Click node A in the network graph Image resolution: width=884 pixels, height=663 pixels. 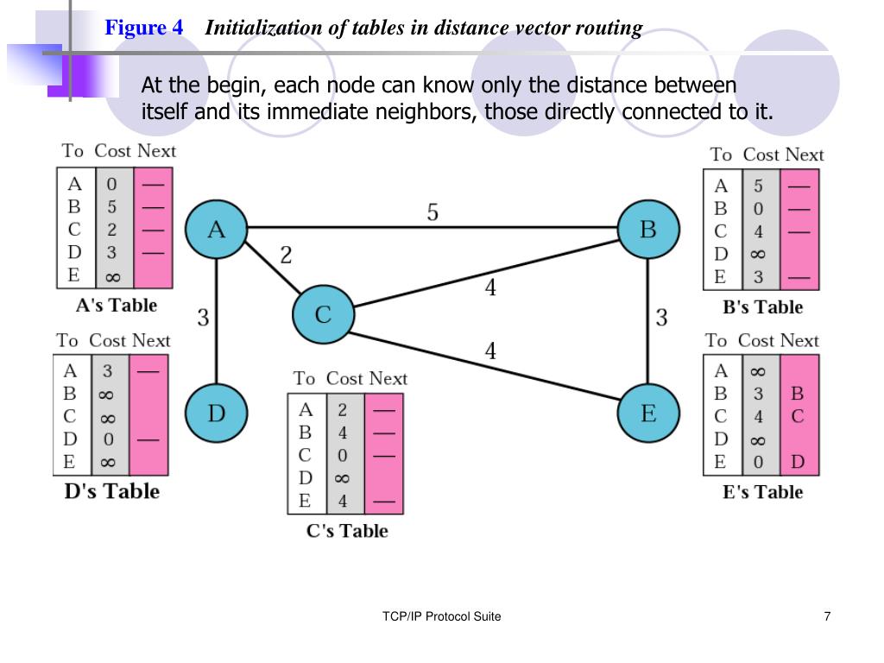(x=217, y=229)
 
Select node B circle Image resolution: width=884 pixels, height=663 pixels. (x=648, y=229)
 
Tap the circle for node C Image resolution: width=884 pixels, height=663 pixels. (x=323, y=314)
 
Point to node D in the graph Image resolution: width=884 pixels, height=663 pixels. (x=216, y=413)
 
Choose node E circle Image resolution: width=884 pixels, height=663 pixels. (x=648, y=413)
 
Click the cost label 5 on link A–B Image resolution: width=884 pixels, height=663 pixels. (x=433, y=212)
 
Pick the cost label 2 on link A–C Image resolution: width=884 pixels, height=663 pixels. (x=286, y=255)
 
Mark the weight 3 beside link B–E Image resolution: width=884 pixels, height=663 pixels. (x=661, y=318)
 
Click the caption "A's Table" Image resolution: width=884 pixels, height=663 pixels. (x=117, y=306)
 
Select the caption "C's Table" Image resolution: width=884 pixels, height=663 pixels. (x=347, y=531)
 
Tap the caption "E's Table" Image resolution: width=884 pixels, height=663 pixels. (x=762, y=492)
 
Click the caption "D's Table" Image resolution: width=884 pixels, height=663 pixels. (x=112, y=491)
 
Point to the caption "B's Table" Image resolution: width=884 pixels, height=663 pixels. (x=762, y=307)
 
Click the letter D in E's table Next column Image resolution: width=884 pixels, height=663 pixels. (x=798, y=462)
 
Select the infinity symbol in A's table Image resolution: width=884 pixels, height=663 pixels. (x=113, y=277)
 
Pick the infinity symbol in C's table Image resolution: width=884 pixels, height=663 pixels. (x=342, y=478)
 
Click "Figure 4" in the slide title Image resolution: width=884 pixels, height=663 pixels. (x=144, y=28)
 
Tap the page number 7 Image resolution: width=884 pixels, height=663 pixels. (x=828, y=616)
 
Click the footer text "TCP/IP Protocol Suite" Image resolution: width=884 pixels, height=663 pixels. (x=441, y=616)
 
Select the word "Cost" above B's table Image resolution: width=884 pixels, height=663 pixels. (x=761, y=155)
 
